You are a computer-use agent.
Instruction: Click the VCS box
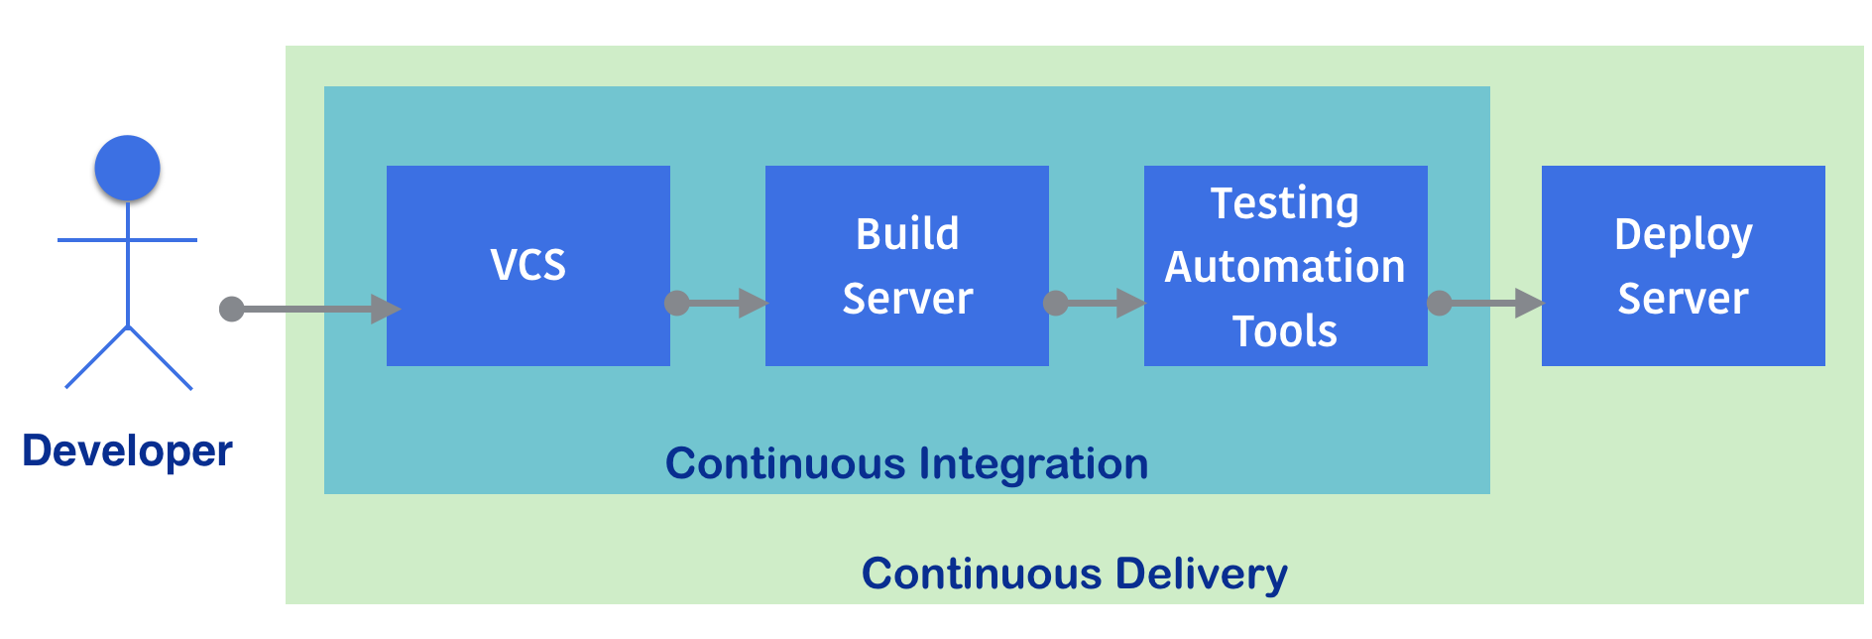[x=528, y=266]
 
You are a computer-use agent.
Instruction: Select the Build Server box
[x=907, y=266]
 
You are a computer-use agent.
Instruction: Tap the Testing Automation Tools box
[x=1286, y=266]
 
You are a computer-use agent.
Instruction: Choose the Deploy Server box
[x=1684, y=266]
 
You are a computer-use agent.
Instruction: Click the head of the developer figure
[x=127, y=168]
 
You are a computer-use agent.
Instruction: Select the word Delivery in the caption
[x=1202, y=575]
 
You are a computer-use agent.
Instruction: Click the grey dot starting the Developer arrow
[x=231, y=309]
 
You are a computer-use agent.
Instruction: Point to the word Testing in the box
[x=1285, y=205]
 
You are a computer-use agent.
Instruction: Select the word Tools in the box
[x=1285, y=331]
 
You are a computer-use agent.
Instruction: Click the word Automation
[x=1285, y=267]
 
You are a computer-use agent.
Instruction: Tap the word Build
[x=907, y=234]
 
